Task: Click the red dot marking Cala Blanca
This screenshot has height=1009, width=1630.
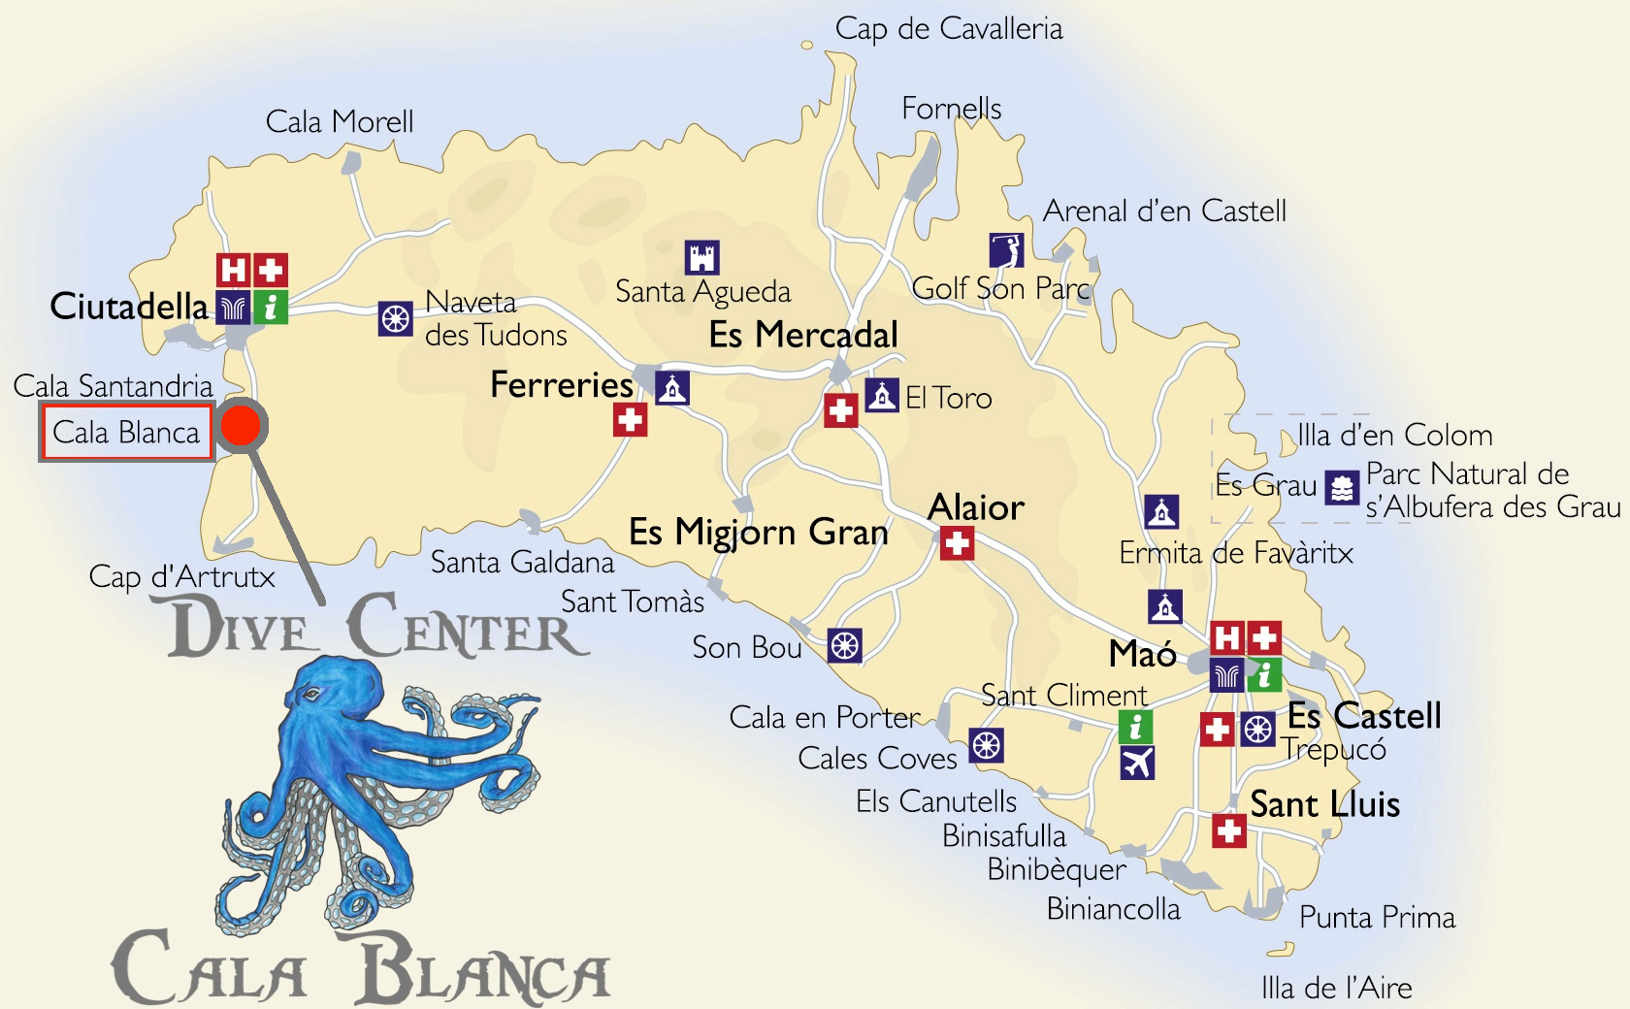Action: [x=241, y=425]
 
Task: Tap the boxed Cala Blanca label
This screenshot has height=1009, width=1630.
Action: [x=126, y=432]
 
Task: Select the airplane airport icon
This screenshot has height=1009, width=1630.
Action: [x=1136, y=763]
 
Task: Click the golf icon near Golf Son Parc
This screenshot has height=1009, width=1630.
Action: [x=1006, y=250]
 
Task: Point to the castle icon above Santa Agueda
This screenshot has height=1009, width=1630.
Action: [x=701, y=257]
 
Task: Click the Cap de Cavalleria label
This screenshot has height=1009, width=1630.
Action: [x=948, y=29]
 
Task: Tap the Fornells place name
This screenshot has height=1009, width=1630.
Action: [x=951, y=108]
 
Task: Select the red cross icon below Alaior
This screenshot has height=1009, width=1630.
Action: [x=957, y=543]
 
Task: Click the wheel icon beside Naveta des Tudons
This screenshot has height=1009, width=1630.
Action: [x=395, y=318]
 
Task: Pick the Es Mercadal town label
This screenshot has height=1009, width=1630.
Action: [x=803, y=335]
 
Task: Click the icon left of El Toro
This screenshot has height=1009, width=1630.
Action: [x=881, y=395]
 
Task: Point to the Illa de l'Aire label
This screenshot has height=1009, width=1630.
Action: [x=1336, y=988]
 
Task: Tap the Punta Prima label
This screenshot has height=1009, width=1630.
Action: [x=1377, y=917]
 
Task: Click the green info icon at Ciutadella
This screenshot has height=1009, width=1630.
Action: [x=271, y=308]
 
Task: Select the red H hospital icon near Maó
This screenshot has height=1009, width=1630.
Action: [x=1227, y=637]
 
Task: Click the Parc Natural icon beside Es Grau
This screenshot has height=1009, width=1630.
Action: [x=1342, y=488]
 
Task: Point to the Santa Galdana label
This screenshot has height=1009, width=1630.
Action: [x=522, y=562]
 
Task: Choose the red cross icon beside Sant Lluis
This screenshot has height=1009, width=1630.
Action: [x=1229, y=830]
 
